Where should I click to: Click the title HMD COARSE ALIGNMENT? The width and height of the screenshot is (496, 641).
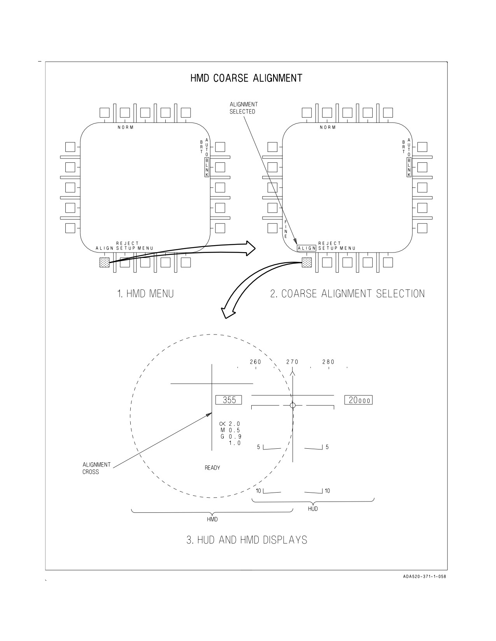pos(246,78)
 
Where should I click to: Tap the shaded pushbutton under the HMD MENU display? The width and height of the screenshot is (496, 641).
pos(105,262)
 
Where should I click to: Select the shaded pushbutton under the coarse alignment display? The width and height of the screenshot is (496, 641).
pos(307,262)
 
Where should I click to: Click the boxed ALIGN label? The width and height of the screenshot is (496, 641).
pos(307,248)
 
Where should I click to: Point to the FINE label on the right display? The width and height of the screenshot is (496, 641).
pos(286,229)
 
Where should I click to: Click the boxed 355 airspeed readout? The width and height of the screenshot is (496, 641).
pos(229,400)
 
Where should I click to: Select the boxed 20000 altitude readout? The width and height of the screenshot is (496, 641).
pos(358,400)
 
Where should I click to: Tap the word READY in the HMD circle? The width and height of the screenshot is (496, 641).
pos(212,468)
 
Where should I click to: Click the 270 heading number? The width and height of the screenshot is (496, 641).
pos(293,362)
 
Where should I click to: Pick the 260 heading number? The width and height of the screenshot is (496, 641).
pos(256,362)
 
